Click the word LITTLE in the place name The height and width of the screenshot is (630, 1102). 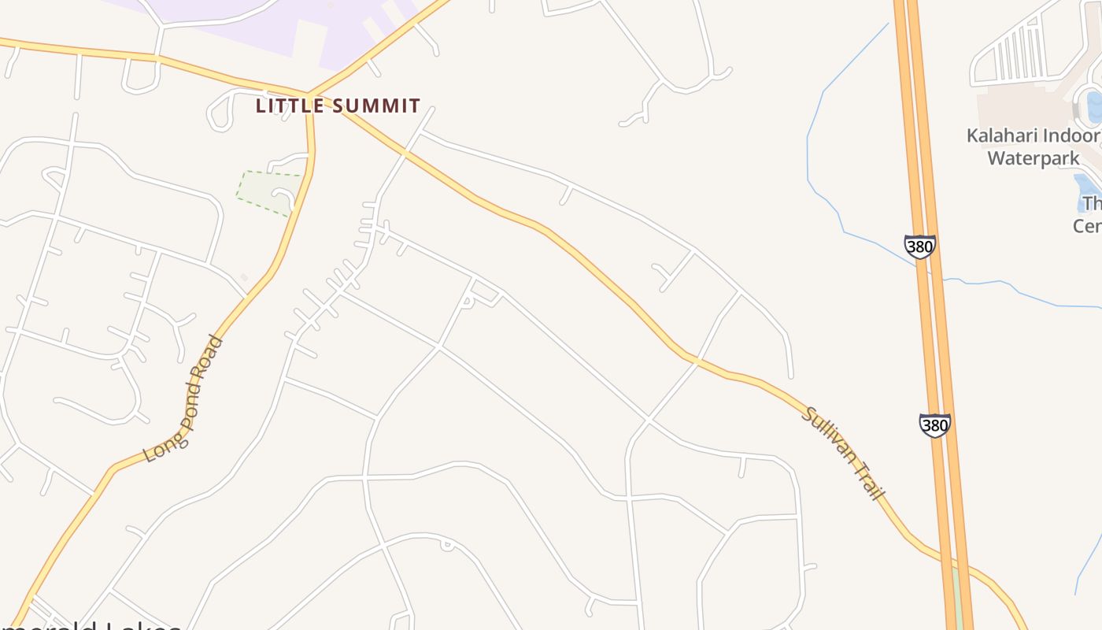(288, 106)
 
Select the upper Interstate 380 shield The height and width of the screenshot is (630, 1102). (919, 246)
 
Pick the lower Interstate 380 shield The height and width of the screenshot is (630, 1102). (934, 425)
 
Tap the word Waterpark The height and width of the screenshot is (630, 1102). (1033, 158)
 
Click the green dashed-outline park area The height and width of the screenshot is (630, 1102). (264, 191)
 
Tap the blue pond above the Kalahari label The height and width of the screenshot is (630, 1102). (1093, 106)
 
